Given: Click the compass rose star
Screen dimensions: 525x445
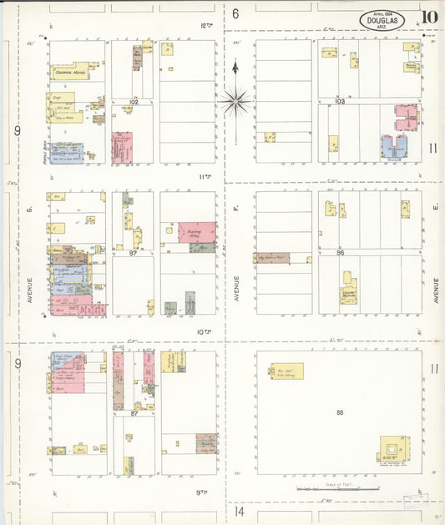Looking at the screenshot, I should coord(236,102).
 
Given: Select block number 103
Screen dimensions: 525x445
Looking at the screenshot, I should coord(339,101).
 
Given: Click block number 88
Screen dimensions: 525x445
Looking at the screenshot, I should coord(339,411).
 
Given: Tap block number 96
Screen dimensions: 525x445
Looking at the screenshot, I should coord(340,251).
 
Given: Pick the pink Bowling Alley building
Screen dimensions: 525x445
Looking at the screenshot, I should coord(197,231).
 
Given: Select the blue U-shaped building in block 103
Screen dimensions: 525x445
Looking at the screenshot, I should coord(393,148).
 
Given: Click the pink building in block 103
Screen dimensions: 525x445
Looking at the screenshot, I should coord(407,117).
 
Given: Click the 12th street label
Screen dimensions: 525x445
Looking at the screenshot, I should coord(206,26).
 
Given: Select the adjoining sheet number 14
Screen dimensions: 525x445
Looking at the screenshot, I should coord(239,511).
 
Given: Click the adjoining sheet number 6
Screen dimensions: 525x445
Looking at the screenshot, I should coord(235,13).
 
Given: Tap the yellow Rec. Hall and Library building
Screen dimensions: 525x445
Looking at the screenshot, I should coord(286,371).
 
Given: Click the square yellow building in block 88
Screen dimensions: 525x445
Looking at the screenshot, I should coord(393,451).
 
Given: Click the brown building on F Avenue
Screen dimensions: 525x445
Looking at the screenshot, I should coord(273,258).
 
